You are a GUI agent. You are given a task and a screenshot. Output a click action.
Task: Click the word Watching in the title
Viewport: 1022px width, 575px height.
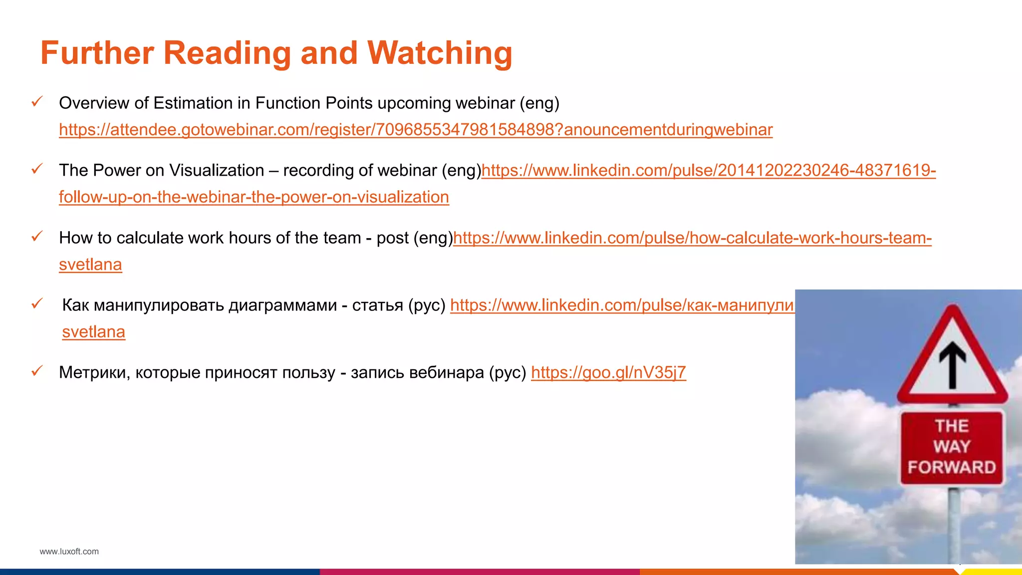click(x=440, y=53)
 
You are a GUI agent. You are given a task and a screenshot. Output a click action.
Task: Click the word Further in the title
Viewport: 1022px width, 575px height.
click(x=97, y=53)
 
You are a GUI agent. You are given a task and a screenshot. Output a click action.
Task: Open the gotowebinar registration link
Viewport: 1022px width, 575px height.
click(x=416, y=130)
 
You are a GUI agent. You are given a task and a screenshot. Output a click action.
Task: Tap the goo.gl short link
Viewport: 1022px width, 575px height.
click(x=608, y=372)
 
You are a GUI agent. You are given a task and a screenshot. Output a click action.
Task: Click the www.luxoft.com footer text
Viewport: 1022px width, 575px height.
click(x=69, y=552)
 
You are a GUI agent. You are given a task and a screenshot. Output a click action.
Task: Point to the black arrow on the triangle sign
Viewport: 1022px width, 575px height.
click(x=953, y=364)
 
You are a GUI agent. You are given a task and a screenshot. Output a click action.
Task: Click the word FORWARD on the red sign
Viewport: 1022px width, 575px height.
click(x=952, y=468)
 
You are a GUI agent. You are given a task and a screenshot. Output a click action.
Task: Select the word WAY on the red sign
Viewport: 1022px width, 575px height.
click(x=952, y=446)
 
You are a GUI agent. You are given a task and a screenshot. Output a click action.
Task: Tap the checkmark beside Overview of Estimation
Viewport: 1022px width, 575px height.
click(x=37, y=102)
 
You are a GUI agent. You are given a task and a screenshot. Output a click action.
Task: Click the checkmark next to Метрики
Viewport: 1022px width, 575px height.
click(x=37, y=371)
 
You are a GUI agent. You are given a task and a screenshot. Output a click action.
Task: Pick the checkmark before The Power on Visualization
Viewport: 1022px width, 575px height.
click(x=37, y=169)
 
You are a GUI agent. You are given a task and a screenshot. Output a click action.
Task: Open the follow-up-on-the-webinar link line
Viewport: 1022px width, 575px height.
click(x=254, y=197)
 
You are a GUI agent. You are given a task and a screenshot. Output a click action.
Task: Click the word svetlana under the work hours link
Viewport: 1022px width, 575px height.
click(x=90, y=265)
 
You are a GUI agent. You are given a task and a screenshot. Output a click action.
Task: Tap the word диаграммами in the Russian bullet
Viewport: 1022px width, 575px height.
click(x=282, y=305)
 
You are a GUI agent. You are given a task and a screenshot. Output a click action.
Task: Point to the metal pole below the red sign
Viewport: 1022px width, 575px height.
click(x=954, y=524)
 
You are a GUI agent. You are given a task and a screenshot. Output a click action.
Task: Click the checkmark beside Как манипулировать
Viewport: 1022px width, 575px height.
click(x=37, y=303)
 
